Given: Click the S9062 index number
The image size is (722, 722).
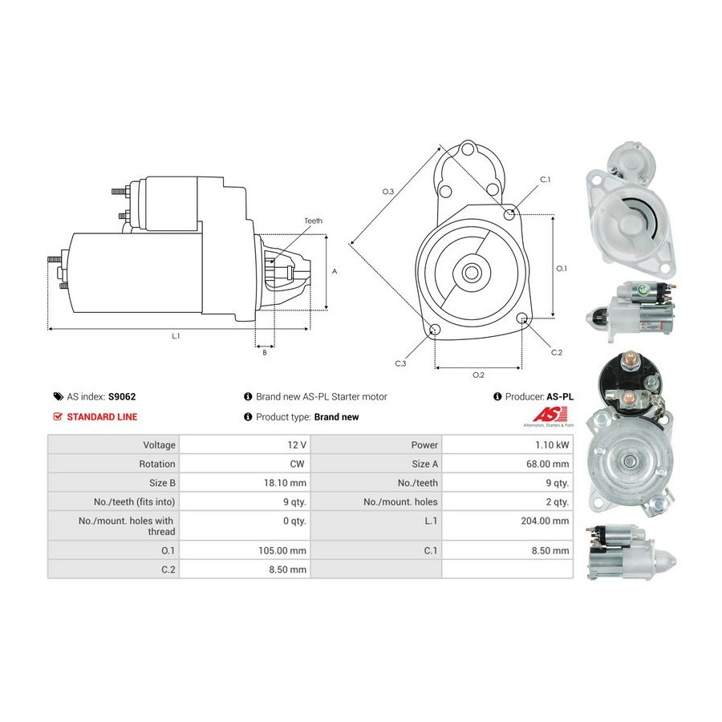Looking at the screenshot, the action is click(122, 396).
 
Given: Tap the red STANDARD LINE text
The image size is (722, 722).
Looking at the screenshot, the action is click(102, 416).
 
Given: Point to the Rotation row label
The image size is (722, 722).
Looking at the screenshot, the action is click(157, 464).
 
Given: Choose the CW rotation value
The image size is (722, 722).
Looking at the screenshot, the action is click(297, 464).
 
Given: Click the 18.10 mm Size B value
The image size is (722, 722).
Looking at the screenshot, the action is click(285, 483).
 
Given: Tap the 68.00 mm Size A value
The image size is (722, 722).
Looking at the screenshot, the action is click(547, 464).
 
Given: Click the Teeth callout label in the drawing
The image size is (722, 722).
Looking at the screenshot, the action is click(313, 221).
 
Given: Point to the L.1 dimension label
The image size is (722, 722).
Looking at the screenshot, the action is click(176, 336).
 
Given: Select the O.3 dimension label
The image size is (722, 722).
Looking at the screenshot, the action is click(388, 192).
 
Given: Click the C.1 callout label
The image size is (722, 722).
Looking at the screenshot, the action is click(546, 180).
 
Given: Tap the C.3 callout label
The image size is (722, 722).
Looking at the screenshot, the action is click(400, 363).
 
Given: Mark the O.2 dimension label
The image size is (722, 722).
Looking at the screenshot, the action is click(478, 375).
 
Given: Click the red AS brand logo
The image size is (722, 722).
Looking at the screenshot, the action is click(547, 415).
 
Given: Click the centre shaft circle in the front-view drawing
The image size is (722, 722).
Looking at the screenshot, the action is click(471, 273).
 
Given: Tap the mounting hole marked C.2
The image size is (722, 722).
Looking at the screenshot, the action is click(521, 318).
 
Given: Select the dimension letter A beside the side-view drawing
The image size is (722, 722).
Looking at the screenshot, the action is click(335, 272).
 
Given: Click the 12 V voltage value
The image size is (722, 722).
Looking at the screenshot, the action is click(297, 444).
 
